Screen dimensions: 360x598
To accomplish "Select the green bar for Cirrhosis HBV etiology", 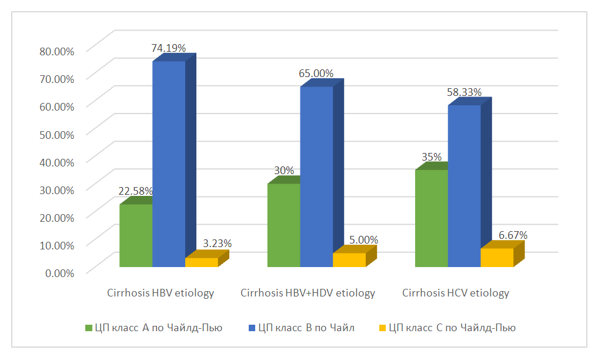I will (136, 235).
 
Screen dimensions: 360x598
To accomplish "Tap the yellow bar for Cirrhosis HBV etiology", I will (202, 262).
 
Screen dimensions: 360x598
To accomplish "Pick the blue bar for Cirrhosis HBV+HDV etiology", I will (316, 176).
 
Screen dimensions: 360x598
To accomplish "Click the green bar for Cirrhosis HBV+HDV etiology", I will (283, 225).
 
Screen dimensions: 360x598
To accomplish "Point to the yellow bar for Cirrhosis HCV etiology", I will (497, 258).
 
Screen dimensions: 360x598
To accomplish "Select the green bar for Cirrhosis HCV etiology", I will (431, 218).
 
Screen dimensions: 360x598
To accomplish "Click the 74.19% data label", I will (169, 48).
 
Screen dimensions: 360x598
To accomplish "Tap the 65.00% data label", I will (316, 74).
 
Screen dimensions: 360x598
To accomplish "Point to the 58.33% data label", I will (465, 92).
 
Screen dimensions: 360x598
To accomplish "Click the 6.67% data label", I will (513, 235).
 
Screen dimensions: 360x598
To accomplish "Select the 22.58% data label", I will (136, 191).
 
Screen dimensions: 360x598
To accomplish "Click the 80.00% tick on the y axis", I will (56, 51).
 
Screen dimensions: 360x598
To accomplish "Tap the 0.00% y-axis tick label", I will (59, 272).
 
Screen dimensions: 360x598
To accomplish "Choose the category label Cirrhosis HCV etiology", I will (456, 293).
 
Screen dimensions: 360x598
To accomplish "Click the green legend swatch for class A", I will (89, 328).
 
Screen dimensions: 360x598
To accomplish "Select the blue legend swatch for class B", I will (251, 328).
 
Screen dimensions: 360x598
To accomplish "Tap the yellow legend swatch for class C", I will (382, 328).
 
